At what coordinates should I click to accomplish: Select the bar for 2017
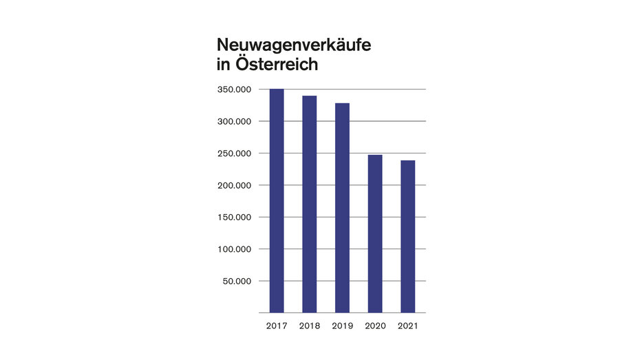276,201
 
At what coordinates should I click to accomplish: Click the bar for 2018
309,204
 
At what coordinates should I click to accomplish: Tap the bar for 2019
342,208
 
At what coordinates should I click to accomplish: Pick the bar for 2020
375,234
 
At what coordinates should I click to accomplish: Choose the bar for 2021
408,237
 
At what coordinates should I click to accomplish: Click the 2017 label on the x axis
276,326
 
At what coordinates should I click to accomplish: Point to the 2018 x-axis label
309,326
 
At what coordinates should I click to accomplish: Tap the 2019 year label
342,326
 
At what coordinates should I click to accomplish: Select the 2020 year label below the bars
375,326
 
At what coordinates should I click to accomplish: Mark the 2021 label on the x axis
408,326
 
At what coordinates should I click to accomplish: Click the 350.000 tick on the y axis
233,89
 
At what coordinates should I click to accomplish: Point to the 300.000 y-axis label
233,121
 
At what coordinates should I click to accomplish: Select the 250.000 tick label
233,153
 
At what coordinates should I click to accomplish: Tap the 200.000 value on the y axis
233,185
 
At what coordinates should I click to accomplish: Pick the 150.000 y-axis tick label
233,217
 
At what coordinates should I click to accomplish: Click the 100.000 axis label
233,249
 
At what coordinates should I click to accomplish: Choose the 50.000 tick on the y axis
235,281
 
